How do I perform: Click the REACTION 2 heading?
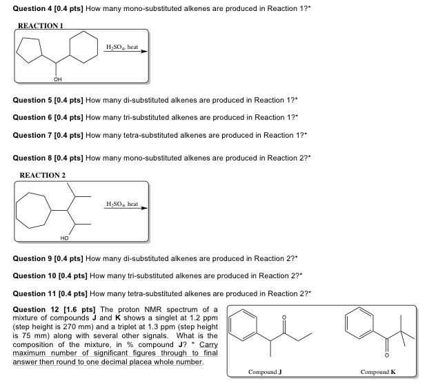point(43,175)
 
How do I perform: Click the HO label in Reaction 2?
point(64,238)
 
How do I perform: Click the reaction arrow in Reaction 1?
point(125,52)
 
